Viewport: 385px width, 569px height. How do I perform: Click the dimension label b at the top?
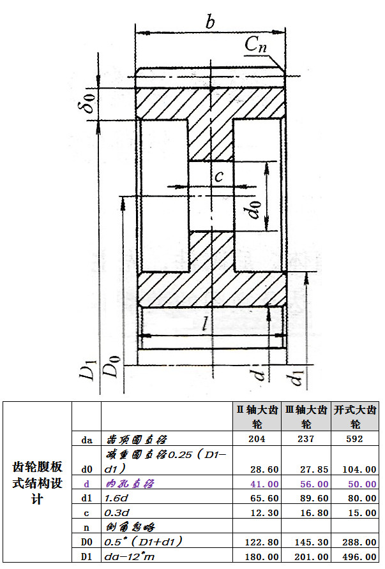coord(209,22)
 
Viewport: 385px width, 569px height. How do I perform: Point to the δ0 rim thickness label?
coord(90,101)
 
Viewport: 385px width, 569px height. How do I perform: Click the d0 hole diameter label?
coord(256,209)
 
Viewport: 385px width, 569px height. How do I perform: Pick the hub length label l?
coord(206,323)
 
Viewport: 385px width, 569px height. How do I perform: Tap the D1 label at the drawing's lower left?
coord(90,371)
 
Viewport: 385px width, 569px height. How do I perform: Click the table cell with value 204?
coord(255,439)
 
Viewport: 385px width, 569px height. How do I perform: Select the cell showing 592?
coord(353,439)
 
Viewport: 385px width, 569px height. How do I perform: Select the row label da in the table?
coord(87,439)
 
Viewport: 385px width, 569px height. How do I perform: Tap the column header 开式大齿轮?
coord(356,417)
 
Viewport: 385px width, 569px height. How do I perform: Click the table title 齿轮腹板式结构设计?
coord(38,482)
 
